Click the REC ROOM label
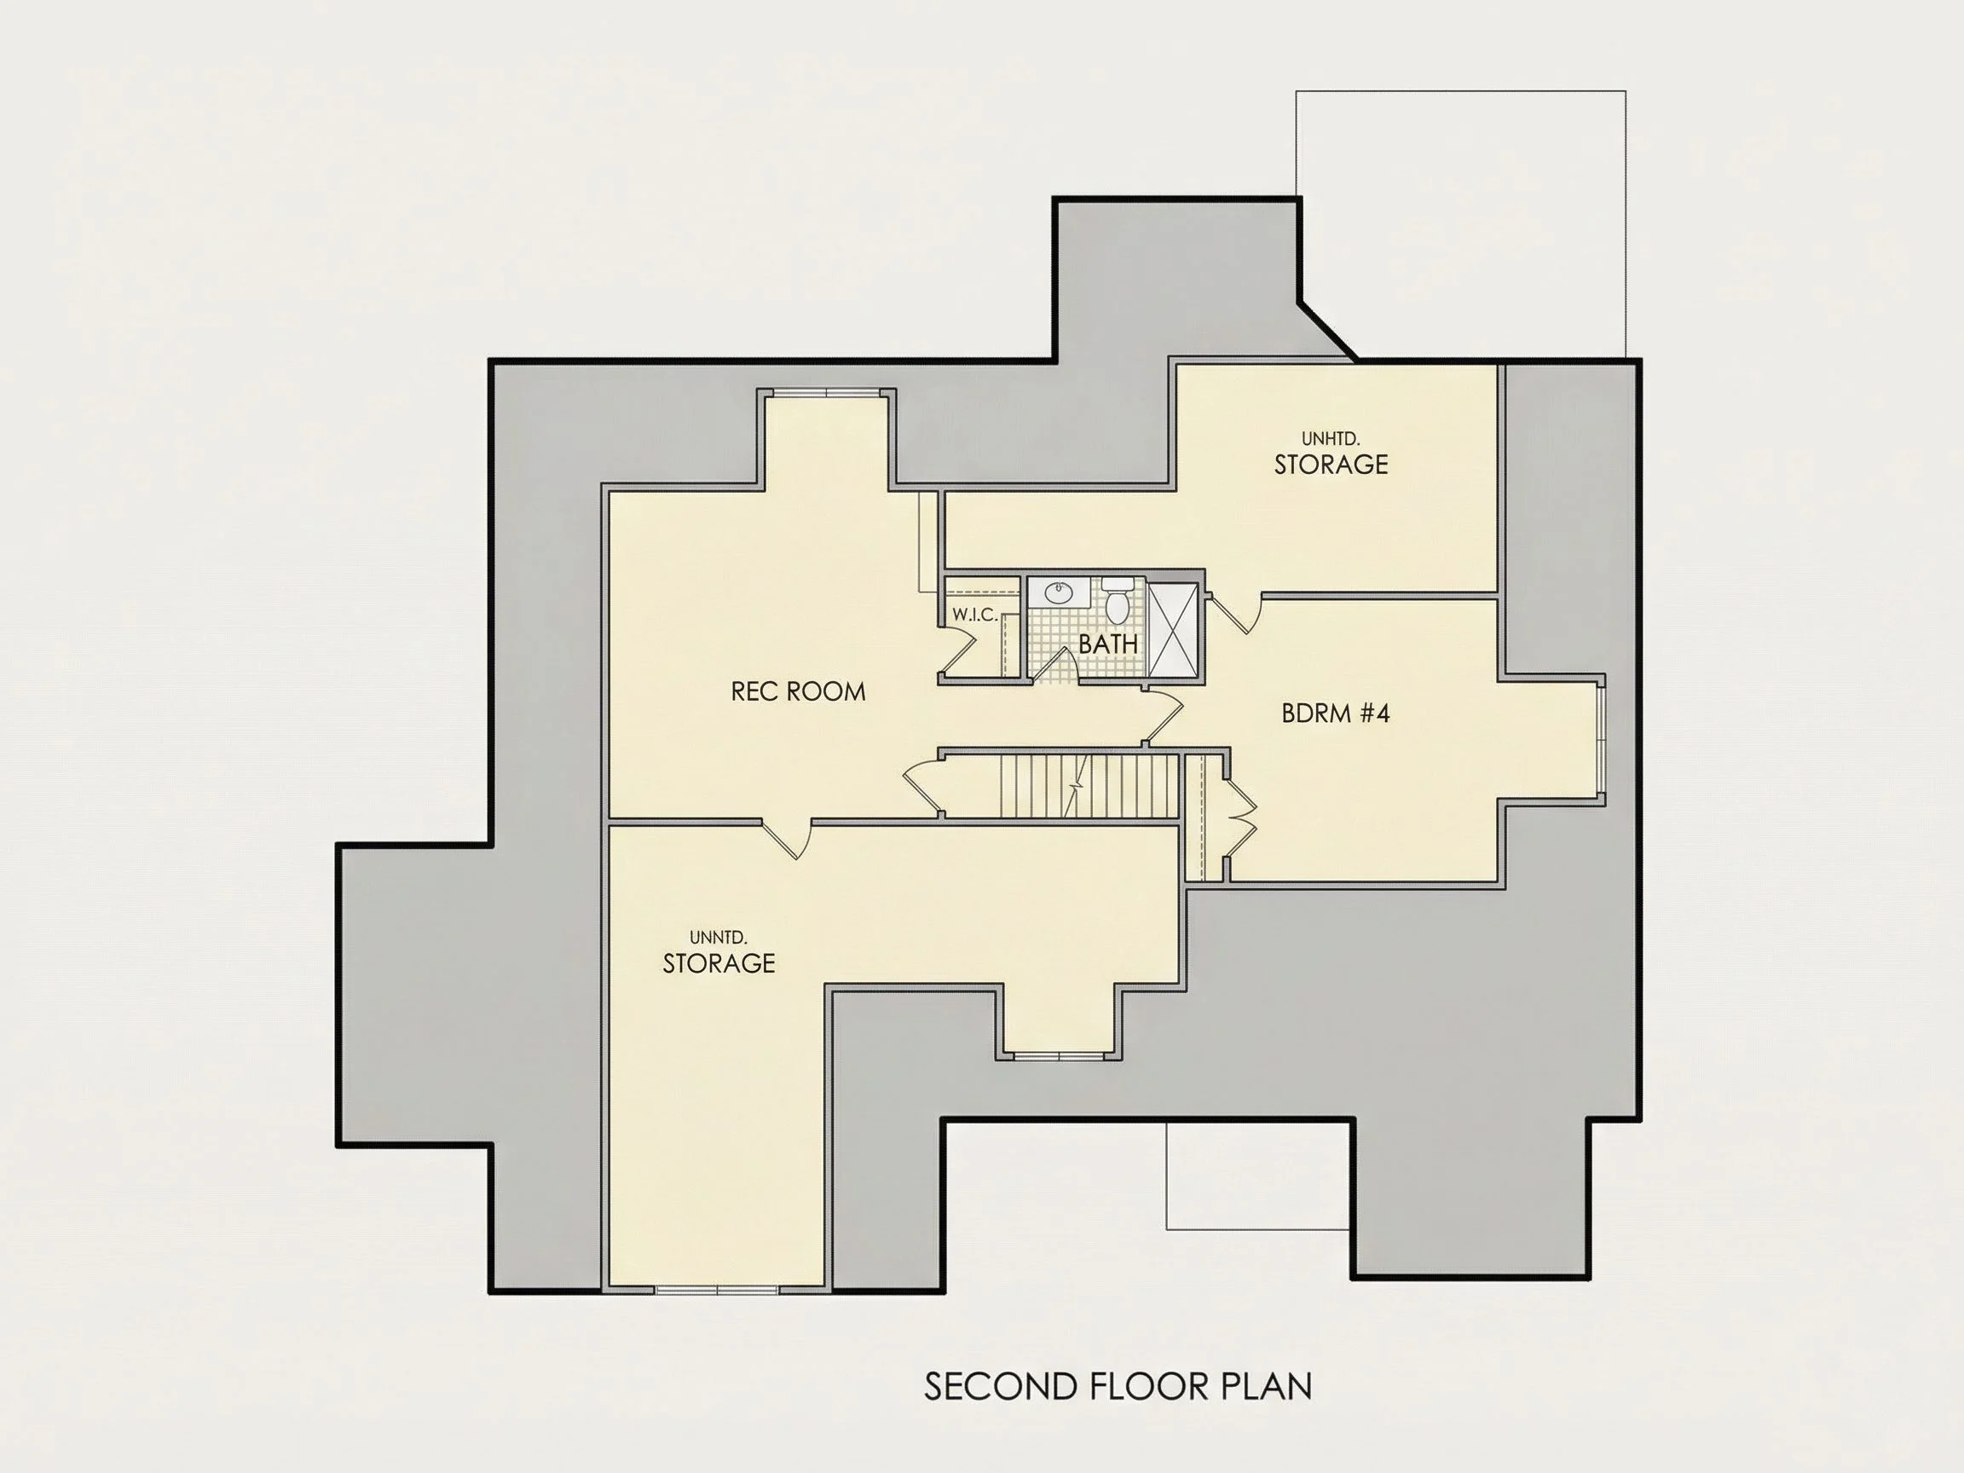point(797,691)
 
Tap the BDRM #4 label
point(1336,713)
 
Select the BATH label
point(1108,644)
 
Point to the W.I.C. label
point(974,615)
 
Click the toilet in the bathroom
point(1117,599)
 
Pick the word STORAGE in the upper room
point(1331,465)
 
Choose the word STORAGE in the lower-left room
point(719,963)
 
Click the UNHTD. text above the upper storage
point(1331,439)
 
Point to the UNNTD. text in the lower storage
point(719,938)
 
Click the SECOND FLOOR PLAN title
point(1118,1386)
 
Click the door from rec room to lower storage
point(788,840)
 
